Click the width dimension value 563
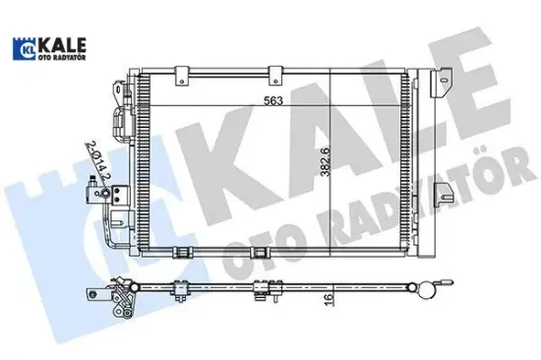pyautogui.click(x=270, y=97)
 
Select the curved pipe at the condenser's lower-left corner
pyautogui.click(x=112, y=246)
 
